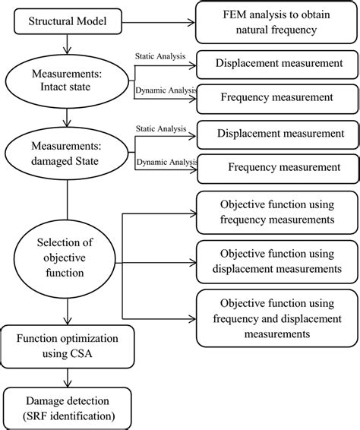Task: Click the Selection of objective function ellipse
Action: [x=68, y=251]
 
